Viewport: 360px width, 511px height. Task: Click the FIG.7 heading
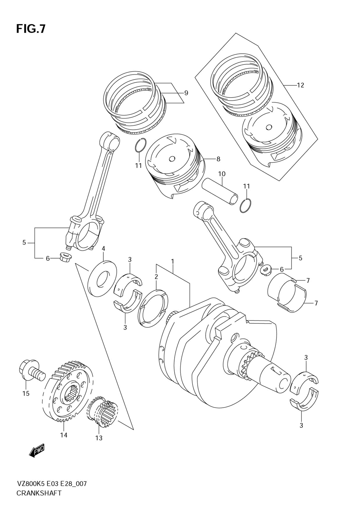[x=31, y=29]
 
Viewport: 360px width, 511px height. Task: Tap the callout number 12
[x=301, y=85]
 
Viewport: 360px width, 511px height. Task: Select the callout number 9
[x=186, y=93]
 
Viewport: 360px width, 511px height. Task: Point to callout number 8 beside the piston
[x=218, y=159]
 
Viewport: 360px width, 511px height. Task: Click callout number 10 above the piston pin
[x=222, y=174]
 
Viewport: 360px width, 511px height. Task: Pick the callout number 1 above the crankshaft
[x=173, y=261]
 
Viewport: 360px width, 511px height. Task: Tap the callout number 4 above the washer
[x=103, y=248]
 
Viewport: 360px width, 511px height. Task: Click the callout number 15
[x=26, y=394]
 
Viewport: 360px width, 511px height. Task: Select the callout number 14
[x=64, y=435]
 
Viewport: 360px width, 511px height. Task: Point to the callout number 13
[x=99, y=438]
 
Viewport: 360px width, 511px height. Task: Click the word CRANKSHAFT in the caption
[x=39, y=493]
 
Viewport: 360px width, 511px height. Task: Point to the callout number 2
[x=156, y=277]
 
